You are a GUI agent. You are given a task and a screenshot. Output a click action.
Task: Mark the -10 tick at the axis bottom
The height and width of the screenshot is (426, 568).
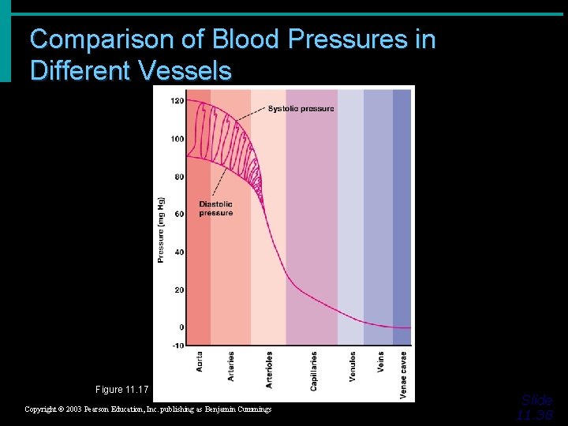pos(177,346)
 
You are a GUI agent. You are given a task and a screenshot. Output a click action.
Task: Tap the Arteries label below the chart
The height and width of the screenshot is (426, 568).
pos(231,367)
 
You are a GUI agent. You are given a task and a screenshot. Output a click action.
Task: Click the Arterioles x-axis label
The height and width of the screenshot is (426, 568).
pos(270,369)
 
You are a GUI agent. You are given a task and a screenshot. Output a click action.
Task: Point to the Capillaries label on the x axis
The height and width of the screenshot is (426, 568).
pos(314,371)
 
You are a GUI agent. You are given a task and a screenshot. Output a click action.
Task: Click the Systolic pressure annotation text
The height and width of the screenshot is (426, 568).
pos(301,109)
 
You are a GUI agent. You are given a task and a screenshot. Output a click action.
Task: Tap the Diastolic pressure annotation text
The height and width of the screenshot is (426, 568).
pos(215,208)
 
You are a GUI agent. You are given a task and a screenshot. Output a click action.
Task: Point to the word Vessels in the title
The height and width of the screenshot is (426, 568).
pos(185,71)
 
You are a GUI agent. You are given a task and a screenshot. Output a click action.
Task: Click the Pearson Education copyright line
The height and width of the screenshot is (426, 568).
pos(148,409)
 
